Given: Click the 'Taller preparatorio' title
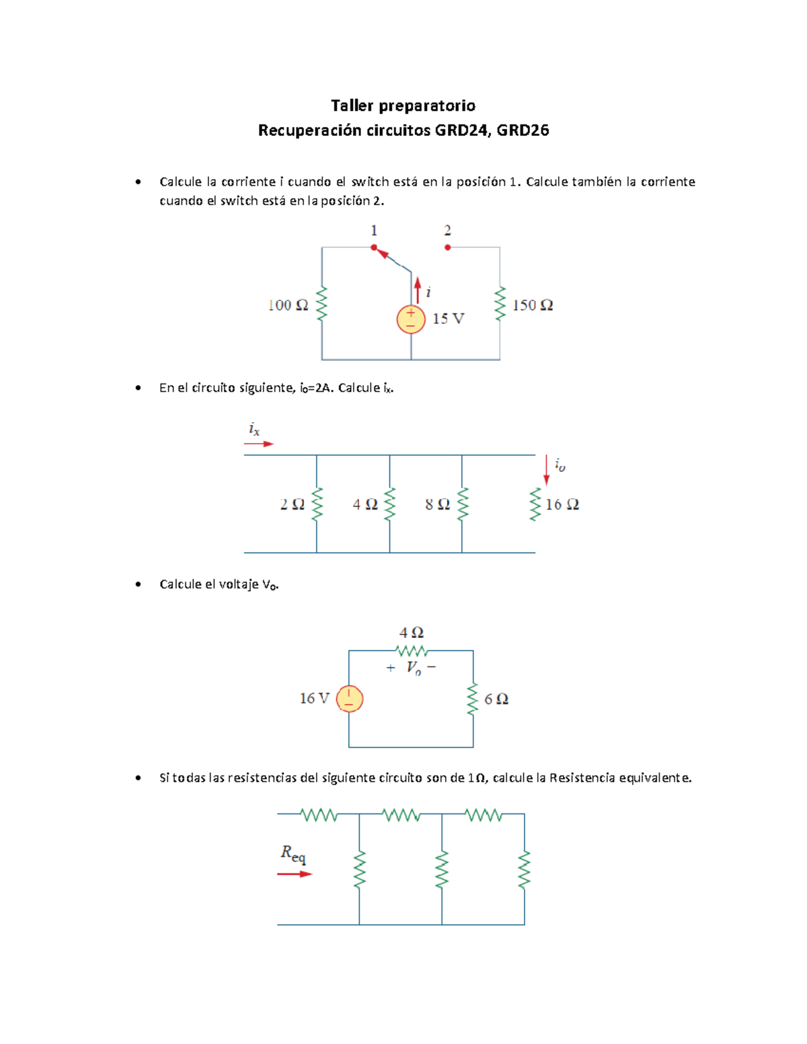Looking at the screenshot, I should click(403, 106).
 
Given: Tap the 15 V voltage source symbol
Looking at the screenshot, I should click(411, 319).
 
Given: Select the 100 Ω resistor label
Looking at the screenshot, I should click(288, 305).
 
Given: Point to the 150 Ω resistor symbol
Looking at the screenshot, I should click(500, 305).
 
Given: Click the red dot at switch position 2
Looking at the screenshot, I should click(448, 247).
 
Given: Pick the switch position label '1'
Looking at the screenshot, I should click(374, 231).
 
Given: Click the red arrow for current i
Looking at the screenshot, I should click(418, 290).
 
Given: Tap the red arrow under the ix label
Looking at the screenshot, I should click(259, 444).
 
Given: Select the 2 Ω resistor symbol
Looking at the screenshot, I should click(317, 504).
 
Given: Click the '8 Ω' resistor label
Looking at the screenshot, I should click(437, 504).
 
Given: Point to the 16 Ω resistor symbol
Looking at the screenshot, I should click(535, 504).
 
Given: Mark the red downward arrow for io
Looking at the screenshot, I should click(546, 471).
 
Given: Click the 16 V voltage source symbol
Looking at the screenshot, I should click(349, 699).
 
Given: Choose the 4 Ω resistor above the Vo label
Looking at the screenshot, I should click(412, 651).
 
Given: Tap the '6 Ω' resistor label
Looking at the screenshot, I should click(496, 699).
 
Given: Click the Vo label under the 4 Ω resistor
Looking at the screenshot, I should click(414, 668).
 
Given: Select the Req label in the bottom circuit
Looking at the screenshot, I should click(293, 854).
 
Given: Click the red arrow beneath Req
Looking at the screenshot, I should click(295, 874).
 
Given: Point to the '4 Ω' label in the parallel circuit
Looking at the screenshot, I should click(365, 504).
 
